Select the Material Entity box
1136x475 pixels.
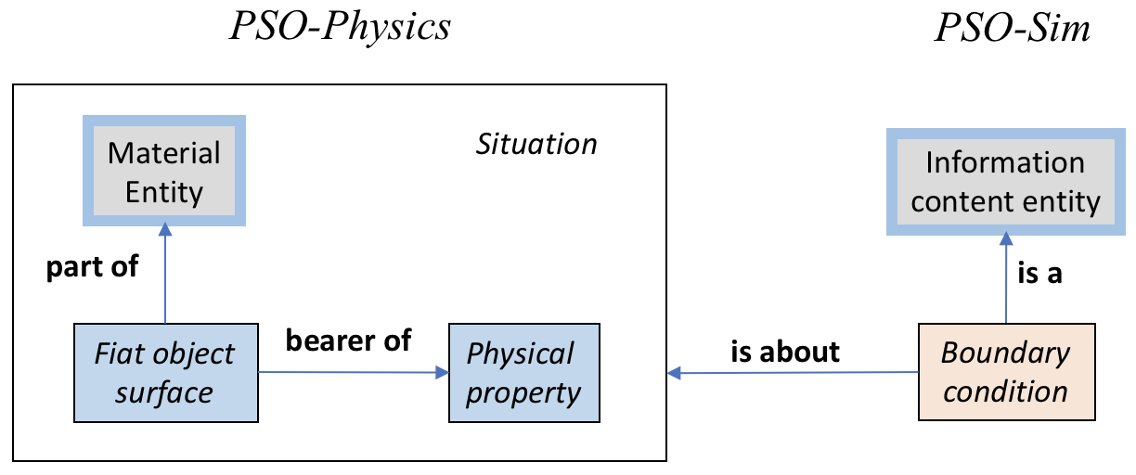[164, 172]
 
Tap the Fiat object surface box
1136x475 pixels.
[165, 373]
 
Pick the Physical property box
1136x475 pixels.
[524, 373]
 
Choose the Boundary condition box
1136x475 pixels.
[1006, 372]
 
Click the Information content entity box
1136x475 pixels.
[1005, 183]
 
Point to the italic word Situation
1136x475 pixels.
[536, 144]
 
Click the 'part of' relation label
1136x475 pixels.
[92, 266]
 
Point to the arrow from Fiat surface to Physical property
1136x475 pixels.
[353, 373]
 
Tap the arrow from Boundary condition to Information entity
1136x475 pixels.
[1006, 278]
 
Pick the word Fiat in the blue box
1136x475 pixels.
[122, 354]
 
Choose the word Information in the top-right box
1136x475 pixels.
[1005, 163]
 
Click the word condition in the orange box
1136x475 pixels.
[1006, 391]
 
